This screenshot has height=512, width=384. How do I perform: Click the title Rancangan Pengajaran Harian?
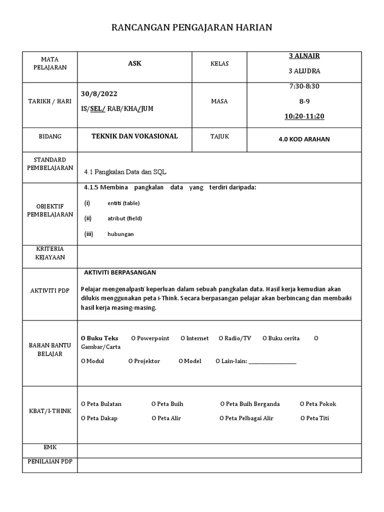(x=191, y=27)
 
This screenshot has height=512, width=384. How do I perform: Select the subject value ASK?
(x=134, y=63)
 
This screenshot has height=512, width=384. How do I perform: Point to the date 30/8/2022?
(x=99, y=94)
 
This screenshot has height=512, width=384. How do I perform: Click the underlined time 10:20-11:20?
(x=304, y=116)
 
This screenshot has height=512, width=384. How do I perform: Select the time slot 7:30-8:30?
(x=304, y=86)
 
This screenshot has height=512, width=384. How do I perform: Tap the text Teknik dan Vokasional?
(x=134, y=136)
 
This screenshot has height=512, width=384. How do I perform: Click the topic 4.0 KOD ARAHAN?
(x=304, y=139)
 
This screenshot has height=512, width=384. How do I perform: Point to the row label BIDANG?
(x=49, y=136)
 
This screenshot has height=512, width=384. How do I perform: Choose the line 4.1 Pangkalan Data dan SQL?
(x=125, y=171)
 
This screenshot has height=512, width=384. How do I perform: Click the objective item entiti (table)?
(x=123, y=203)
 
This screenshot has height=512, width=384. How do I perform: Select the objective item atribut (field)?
(x=124, y=218)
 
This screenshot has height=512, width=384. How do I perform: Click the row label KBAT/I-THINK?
(x=49, y=411)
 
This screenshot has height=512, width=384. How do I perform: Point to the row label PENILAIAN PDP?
(x=49, y=461)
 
